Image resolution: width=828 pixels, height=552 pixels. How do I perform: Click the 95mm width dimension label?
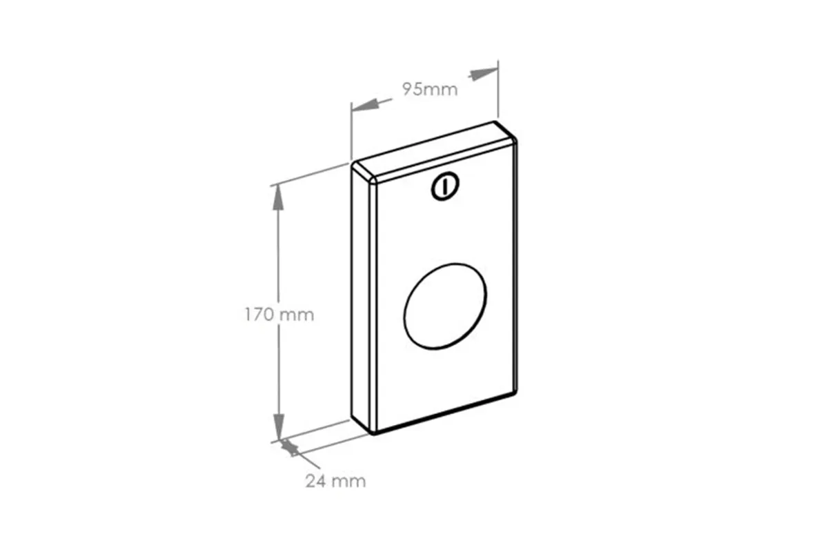tap(431, 89)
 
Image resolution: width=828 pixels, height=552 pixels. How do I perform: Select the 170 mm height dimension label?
tap(279, 315)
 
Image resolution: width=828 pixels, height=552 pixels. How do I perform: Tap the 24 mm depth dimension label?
tap(335, 481)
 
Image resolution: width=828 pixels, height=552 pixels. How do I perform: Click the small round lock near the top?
tap(445, 186)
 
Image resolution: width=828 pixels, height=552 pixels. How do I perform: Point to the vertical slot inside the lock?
tap(446, 186)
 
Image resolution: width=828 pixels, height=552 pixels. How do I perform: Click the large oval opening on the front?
tap(445, 305)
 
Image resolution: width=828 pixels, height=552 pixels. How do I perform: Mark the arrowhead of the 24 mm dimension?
tap(290, 449)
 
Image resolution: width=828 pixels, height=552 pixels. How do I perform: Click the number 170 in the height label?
tap(259, 315)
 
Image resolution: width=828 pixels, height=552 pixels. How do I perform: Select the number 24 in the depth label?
tap(316, 481)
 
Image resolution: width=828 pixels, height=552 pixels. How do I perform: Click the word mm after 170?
tap(296, 315)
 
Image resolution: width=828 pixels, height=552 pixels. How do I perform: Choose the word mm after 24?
tap(348, 481)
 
